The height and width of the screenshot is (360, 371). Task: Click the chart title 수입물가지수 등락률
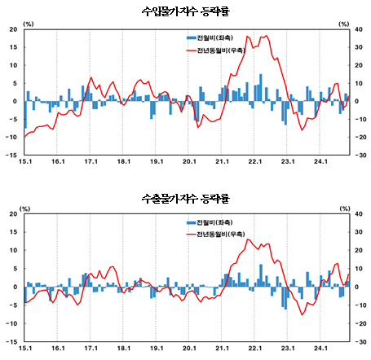185,11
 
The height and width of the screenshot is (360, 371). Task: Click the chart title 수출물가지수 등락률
185,198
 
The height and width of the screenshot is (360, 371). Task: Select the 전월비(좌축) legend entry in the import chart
212,38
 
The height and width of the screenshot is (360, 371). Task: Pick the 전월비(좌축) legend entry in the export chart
212,222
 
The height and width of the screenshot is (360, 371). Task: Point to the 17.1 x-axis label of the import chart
91,161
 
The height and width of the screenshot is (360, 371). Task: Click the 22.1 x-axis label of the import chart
255,161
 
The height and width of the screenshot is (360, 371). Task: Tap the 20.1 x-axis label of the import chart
189,161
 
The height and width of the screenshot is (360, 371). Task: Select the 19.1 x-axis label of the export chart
157,347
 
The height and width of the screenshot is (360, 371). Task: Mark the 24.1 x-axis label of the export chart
320,347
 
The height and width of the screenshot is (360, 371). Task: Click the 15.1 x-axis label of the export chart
25,347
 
